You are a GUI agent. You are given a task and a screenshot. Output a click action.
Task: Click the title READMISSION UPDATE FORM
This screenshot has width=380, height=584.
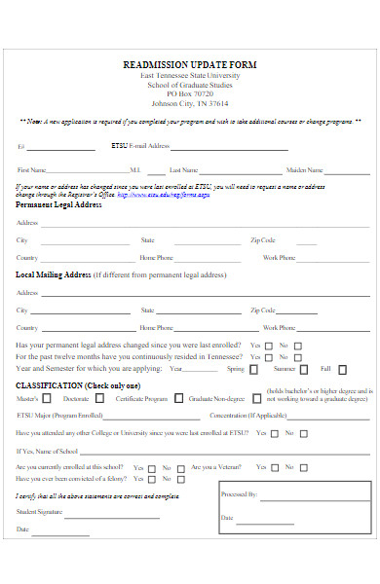click(190, 64)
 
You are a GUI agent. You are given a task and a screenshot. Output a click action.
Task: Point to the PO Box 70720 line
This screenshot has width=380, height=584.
click(190, 93)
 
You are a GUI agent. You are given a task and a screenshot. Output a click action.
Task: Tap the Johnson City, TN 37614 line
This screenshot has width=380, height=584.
click(190, 103)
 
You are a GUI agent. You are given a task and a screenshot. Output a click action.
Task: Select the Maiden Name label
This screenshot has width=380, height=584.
click(304, 169)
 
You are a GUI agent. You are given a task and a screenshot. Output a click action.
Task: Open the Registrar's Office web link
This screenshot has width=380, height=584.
click(164, 195)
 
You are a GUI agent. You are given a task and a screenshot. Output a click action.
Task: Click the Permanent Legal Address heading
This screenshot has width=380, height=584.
click(58, 205)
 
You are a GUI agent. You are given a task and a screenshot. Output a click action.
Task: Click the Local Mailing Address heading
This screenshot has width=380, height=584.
click(54, 274)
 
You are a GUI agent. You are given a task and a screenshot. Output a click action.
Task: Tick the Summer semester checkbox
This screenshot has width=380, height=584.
click(303, 369)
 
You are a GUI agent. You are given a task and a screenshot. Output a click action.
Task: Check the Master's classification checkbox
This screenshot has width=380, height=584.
click(48, 398)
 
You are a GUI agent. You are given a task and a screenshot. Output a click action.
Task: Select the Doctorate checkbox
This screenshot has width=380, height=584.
click(98, 398)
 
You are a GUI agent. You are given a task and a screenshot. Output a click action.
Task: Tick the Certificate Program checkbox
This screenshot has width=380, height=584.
click(176, 398)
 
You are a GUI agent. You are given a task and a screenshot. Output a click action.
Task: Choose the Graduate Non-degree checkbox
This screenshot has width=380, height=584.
click(256, 398)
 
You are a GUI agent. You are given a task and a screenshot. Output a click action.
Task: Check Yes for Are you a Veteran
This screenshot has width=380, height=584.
click(274, 467)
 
